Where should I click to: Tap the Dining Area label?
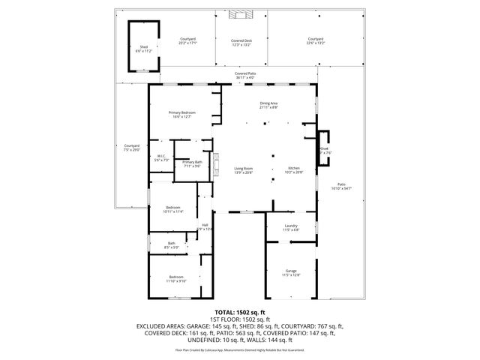[x=268, y=106]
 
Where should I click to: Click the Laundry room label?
[x=291, y=227]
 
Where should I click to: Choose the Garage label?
[x=291, y=272]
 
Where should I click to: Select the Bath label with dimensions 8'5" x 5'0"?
[x=171, y=244]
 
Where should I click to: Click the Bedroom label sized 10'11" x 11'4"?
[x=173, y=209]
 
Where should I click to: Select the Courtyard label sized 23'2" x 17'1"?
[x=187, y=41]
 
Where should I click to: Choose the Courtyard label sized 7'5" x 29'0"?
[x=132, y=147]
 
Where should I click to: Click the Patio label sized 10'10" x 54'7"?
[x=341, y=186]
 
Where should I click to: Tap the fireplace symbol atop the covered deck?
[x=241, y=13]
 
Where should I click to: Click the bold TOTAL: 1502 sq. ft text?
[x=240, y=311]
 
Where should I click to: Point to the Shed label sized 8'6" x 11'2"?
[x=143, y=49]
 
